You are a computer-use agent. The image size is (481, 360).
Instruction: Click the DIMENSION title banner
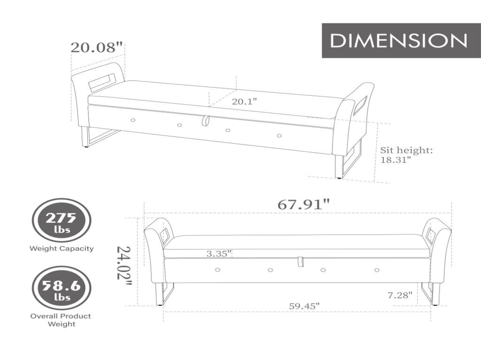click(x=401, y=40)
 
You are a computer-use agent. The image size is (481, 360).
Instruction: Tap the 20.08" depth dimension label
click(x=97, y=47)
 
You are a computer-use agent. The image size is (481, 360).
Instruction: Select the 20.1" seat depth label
click(x=244, y=101)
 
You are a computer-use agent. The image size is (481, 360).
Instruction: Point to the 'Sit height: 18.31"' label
click(x=406, y=155)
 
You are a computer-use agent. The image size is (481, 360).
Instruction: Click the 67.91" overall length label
click(x=304, y=204)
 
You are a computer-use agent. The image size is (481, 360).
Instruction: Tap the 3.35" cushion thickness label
click(x=219, y=253)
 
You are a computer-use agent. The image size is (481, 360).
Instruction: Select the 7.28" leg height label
click(x=400, y=295)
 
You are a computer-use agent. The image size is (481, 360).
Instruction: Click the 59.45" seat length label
click(x=304, y=306)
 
